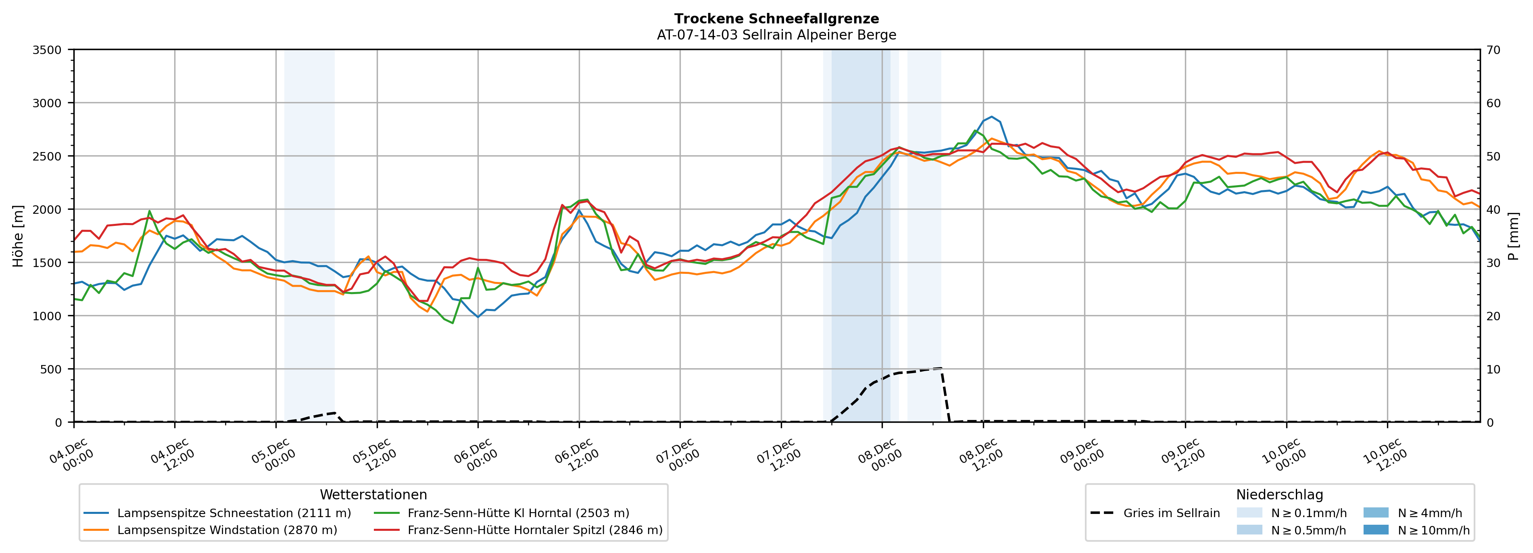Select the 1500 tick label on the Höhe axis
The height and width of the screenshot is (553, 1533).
point(47,263)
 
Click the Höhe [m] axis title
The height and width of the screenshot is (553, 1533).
point(18,236)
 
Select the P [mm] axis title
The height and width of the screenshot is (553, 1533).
point(1513,236)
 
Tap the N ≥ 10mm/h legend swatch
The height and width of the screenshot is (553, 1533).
point(1375,530)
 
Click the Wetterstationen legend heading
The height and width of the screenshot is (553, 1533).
point(373,495)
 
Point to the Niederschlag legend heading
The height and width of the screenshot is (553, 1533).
point(1279,495)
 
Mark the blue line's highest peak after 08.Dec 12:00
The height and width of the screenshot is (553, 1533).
point(991,117)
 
